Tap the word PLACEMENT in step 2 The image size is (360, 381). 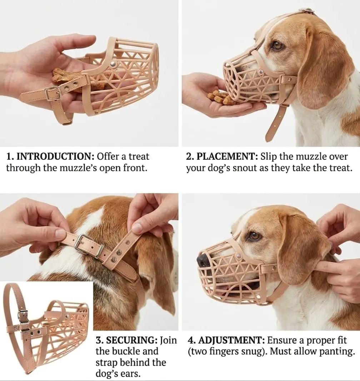pos(227,156)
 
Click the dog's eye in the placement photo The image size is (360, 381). pos(277,45)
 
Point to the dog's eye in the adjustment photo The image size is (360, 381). pos(254,236)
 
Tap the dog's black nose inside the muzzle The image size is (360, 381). pos(202,260)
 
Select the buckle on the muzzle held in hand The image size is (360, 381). pos(53,93)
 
